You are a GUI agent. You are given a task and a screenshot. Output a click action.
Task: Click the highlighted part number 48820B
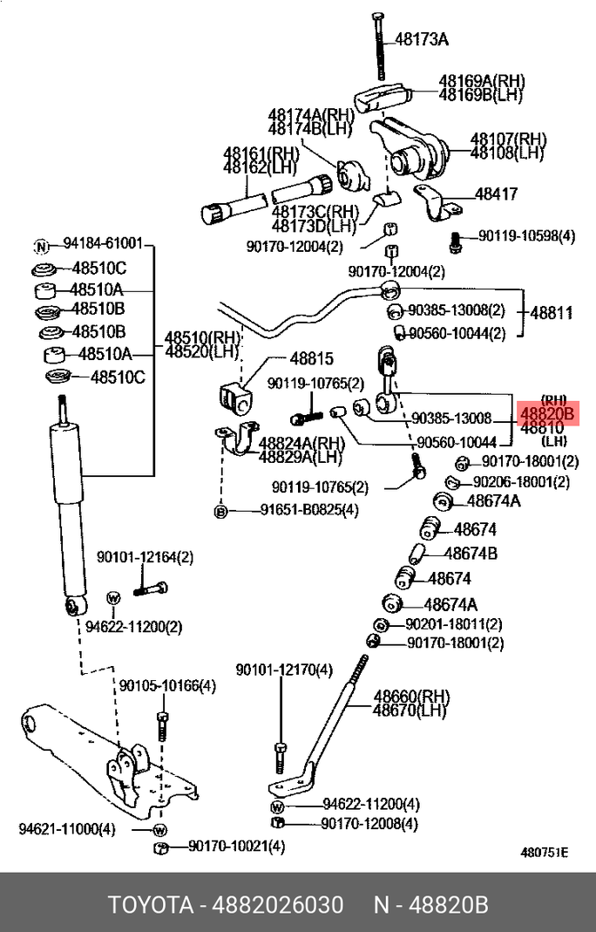[x=547, y=414]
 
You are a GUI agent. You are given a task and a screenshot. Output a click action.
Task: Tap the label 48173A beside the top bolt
[x=421, y=39]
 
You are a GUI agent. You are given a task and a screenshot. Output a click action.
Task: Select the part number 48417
[x=496, y=194]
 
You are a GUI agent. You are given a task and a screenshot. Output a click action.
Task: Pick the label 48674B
[x=471, y=553]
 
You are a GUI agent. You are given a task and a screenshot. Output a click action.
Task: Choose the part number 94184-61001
[x=102, y=245]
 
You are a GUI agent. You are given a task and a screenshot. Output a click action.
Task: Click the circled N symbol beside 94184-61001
[x=39, y=245]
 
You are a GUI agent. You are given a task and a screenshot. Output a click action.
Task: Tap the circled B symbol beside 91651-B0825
[x=221, y=510]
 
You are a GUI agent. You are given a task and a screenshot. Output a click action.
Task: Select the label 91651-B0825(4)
[x=295, y=510]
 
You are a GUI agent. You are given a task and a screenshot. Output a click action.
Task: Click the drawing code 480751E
[x=545, y=853]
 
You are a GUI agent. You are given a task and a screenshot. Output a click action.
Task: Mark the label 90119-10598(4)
[x=526, y=236]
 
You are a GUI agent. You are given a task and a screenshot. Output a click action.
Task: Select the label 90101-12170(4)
[x=284, y=670]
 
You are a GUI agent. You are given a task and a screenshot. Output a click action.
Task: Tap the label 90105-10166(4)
[x=167, y=686]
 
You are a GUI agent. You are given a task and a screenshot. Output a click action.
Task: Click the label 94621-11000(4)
[x=67, y=828]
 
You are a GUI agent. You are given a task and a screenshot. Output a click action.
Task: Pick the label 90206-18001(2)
[x=521, y=482]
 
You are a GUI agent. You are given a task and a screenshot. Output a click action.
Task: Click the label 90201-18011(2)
[x=454, y=624]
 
